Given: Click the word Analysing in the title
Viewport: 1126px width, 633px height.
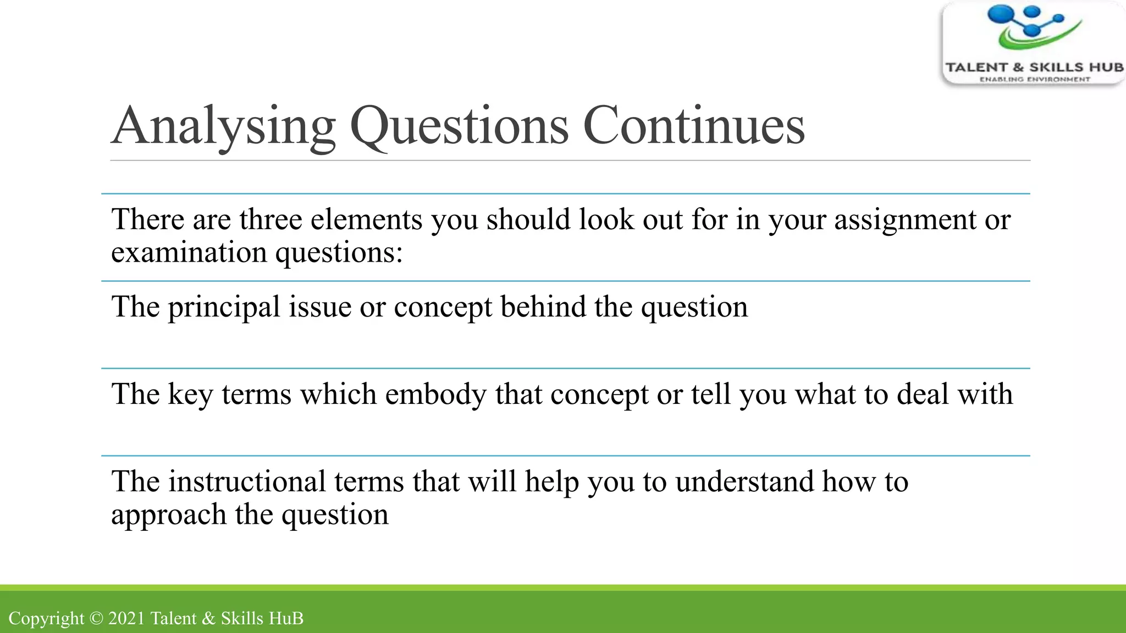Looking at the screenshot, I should [223, 126].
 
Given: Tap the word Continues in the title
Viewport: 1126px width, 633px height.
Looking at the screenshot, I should [693, 126].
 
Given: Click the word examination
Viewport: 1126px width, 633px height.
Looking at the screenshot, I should [189, 252].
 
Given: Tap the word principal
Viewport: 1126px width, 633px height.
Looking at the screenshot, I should [224, 308].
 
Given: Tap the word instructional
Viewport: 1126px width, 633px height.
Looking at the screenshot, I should [247, 481].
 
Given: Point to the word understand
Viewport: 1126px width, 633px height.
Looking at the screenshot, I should [744, 481].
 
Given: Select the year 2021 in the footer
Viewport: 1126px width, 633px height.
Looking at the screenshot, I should [126, 618].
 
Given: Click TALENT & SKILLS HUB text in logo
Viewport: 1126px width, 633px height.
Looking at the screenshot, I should [1034, 68].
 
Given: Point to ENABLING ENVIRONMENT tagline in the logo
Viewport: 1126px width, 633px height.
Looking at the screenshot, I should [1034, 80].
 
